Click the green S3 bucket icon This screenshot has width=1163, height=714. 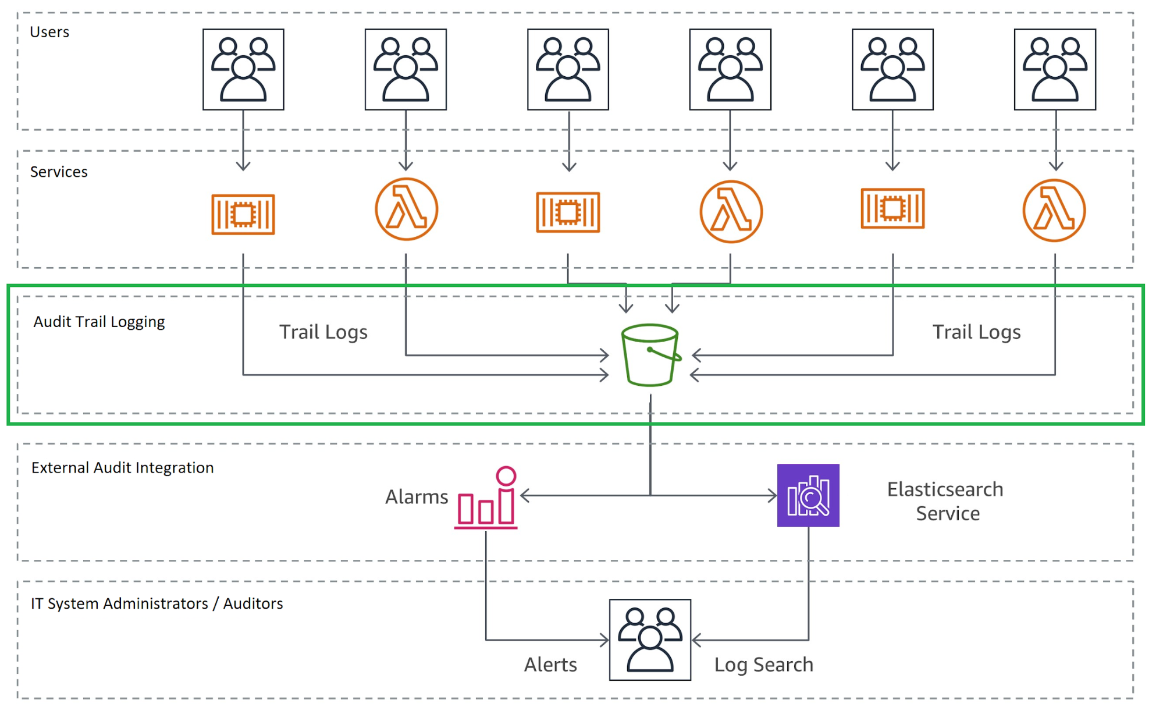click(x=650, y=355)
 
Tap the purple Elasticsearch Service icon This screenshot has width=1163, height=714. click(x=808, y=495)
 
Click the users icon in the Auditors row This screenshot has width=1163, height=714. click(x=650, y=640)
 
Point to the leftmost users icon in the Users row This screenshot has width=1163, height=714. click(x=243, y=69)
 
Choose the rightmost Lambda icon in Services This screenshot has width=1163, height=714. click(x=1054, y=210)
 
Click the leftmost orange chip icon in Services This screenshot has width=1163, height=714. click(x=243, y=214)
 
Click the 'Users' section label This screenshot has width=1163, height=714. click(x=49, y=32)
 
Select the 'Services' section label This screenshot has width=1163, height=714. click(x=59, y=172)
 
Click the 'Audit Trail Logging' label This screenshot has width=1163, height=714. click(x=99, y=322)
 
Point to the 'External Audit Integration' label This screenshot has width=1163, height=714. click(x=122, y=468)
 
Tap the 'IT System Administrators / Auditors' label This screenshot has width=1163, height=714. click(x=157, y=603)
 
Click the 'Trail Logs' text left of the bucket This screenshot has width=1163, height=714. click(x=323, y=332)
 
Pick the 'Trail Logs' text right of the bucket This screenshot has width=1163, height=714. click(x=976, y=332)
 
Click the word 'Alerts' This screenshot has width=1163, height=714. click(x=550, y=665)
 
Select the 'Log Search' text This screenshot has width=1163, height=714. click(x=763, y=665)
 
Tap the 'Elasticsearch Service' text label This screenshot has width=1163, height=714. click(x=945, y=501)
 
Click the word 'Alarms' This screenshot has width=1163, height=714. click(x=417, y=497)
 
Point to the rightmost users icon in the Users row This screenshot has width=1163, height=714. click(x=1054, y=69)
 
